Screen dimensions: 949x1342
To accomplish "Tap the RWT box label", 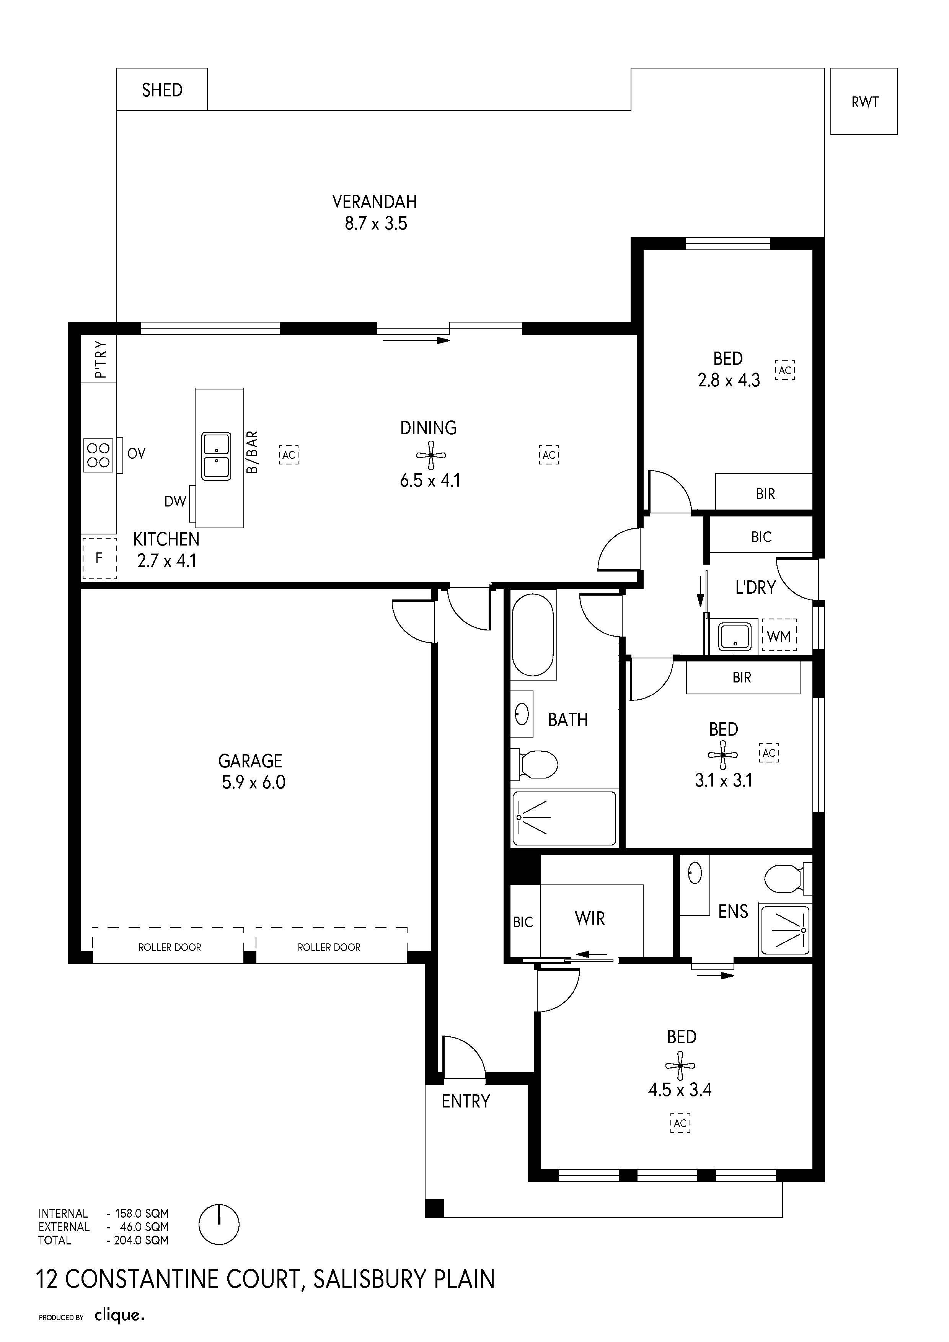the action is tap(865, 102).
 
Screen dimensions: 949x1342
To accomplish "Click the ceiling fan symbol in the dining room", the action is tap(431, 455).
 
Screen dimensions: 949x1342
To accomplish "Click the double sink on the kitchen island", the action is tap(216, 456).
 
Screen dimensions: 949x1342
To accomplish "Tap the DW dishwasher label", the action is tap(175, 501).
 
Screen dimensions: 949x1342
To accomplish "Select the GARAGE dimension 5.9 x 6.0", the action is tap(253, 782).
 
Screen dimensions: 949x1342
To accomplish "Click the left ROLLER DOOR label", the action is tap(170, 948).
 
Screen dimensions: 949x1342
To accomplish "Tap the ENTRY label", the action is tap(465, 1101).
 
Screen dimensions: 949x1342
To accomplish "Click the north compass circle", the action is tap(219, 1225).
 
